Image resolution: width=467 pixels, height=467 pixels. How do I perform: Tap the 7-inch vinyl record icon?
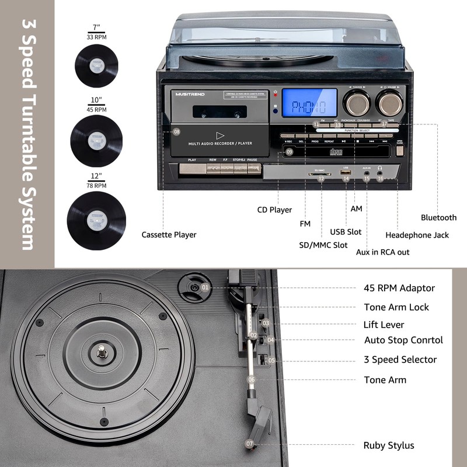point(96,66)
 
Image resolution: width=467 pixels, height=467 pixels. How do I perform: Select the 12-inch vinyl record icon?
point(96,214)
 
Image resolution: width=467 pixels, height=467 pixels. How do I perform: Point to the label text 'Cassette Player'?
point(169,235)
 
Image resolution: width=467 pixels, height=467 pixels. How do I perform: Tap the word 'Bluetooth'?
point(438,218)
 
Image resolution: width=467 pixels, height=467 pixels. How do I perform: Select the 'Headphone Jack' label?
point(417,235)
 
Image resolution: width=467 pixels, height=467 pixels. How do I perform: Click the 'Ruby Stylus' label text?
point(389,445)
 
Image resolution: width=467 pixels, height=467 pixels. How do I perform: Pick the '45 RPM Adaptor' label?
point(399,288)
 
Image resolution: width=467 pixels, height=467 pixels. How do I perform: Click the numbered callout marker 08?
point(177,132)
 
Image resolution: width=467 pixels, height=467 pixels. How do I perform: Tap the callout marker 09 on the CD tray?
point(290,152)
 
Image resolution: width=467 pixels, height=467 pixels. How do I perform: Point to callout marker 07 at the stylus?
point(250,444)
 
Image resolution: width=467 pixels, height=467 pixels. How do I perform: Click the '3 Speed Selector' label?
point(400,360)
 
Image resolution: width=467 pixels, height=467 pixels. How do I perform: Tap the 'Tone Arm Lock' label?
point(396,307)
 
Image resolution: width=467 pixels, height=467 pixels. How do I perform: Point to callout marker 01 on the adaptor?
point(205,287)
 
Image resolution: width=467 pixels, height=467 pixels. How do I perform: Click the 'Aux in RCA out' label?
point(382,252)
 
